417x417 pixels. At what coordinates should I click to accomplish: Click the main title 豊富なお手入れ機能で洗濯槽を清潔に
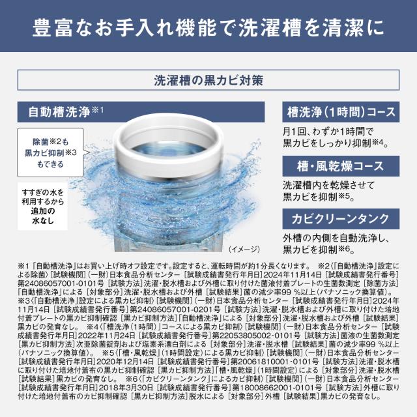208,30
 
